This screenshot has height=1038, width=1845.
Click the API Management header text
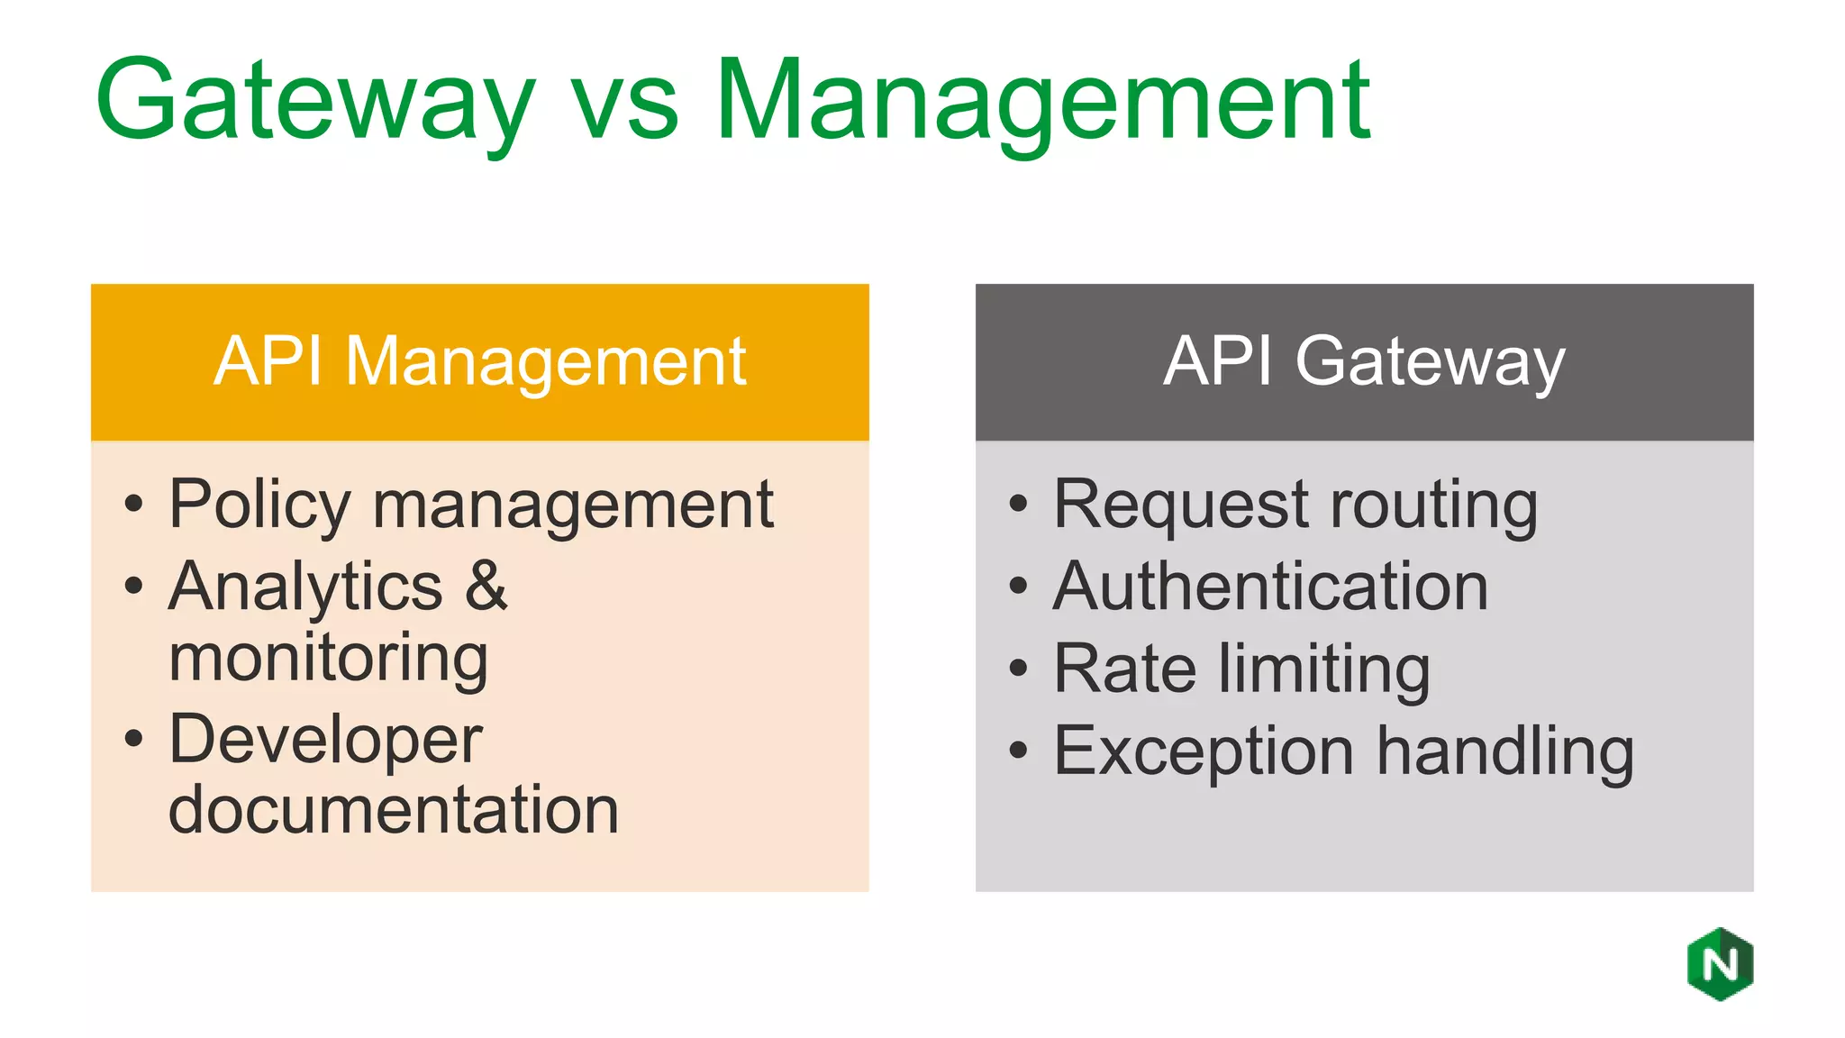(480, 361)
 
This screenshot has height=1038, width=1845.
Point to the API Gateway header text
(1364, 361)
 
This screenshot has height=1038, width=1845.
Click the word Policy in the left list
(259, 505)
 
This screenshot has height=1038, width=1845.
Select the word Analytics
(305, 587)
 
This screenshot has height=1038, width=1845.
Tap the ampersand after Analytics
(486, 586)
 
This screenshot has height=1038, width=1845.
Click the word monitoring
(328, 658)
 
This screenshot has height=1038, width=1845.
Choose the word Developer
(326, 741)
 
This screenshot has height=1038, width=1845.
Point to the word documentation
(394, 809)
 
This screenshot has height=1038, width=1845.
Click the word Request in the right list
(1181, 505)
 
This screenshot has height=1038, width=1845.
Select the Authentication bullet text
(1270, 587)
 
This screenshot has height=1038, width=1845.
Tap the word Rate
(1125, 669)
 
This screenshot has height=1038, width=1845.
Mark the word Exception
(1204, 751)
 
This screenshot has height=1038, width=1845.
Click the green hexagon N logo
(1720, 964)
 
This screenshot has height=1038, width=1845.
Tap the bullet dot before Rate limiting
(1018, 669)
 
